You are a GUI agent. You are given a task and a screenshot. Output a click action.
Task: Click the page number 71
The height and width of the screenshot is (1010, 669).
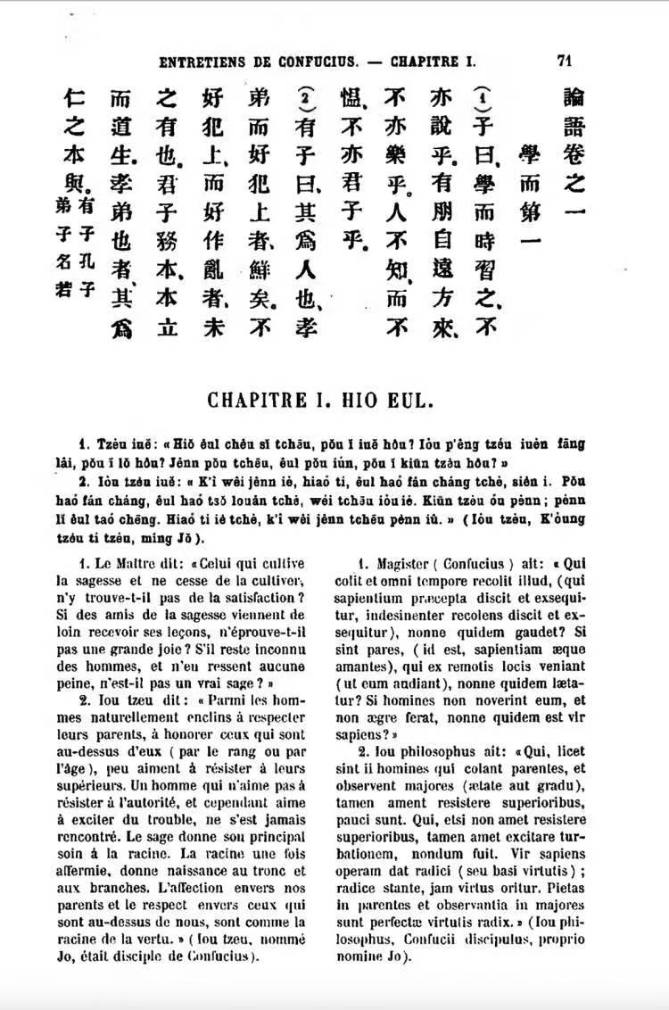tap(563, 61)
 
